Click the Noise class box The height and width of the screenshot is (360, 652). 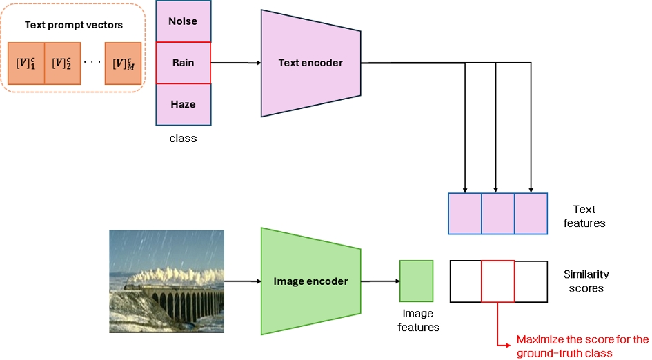(184, 21)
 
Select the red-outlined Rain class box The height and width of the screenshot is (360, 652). (184, 63)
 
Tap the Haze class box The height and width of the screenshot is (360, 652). (184, 104)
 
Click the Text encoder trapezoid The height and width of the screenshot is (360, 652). (310, 63)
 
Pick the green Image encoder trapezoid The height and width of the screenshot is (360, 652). (310, 281)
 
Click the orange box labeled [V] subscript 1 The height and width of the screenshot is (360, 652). (26, 63)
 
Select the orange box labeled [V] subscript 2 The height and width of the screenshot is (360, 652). (62, 63)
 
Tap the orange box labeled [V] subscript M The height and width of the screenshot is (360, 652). (123, 63)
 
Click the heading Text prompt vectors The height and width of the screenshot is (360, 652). (74, 25)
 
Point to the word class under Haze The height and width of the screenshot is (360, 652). (183, 139)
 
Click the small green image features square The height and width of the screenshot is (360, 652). (416, 281)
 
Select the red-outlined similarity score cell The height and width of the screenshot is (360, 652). (497, 281)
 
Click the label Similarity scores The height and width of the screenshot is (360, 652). (586, 281)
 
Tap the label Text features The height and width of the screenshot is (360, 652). (584, 216)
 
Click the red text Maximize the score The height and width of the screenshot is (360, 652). (582, 346)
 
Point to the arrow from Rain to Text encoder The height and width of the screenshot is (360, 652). (236, 63)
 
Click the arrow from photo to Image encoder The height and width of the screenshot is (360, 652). (242, 281)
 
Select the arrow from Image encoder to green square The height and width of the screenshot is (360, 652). (380, 281)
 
